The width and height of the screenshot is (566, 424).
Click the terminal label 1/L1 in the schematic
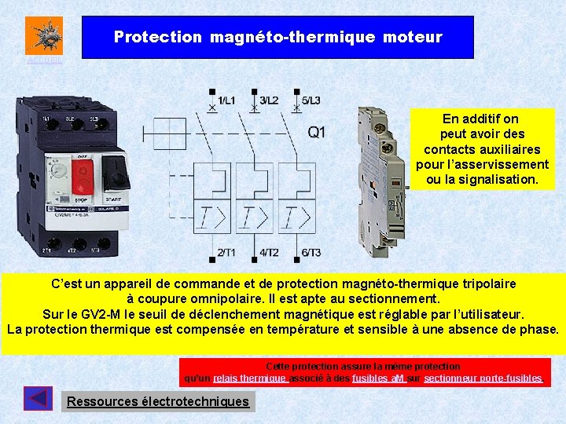pyautogui.click(x=226, y=100)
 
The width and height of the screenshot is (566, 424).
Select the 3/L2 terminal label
pyautogui.click(x=268, y=100)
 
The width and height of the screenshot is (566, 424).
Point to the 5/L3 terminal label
pyautogui.click(x=311, y=100)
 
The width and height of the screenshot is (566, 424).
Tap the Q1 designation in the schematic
pyautogui.click(x=316, y=132)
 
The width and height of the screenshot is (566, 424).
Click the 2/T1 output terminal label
pyautogui.click(x=226, y=252)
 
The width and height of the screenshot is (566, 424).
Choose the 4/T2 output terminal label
pyautogui.click(x=268, y=252)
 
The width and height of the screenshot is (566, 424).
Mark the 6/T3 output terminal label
pyautogui.click(x=311, y=252)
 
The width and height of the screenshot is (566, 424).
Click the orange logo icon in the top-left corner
pyautogui.click(x=43, y=35)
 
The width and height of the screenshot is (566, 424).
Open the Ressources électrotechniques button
pyautogui.click(x=157, y=401)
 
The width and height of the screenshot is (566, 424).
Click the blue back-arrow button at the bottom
pyautogui.click(x=38, y=399)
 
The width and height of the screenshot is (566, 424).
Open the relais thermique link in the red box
pyautogui.click(x=249, y=378)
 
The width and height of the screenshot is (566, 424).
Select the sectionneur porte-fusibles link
pyautogui.click(x=483, y=378)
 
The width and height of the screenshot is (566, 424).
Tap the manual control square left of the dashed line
pyautogui.click(x=153, y=133)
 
